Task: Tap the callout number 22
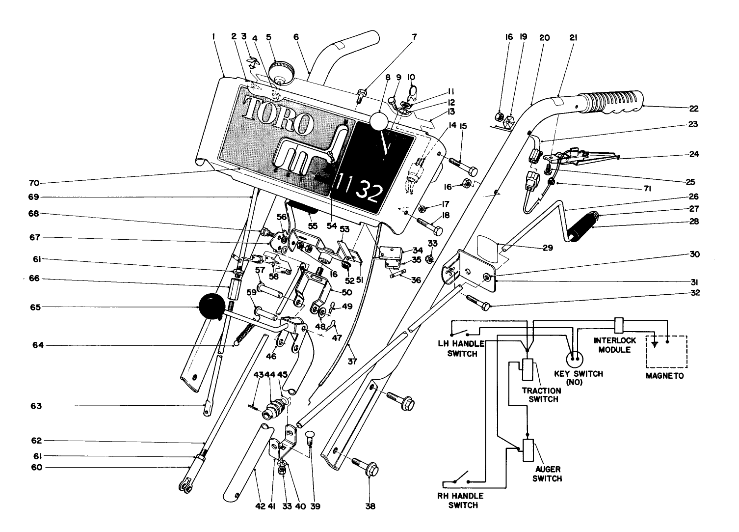(x=694, y=109)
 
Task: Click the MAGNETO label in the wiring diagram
(x=666, y=376)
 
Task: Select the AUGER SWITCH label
(x=547, y=474)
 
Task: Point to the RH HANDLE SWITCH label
(x=460, y=500)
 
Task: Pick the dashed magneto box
(x=666, y=351)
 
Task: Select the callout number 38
(x=370, y=506)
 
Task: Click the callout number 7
(x=414, y=37)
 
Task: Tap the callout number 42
(x=260, y=506)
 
